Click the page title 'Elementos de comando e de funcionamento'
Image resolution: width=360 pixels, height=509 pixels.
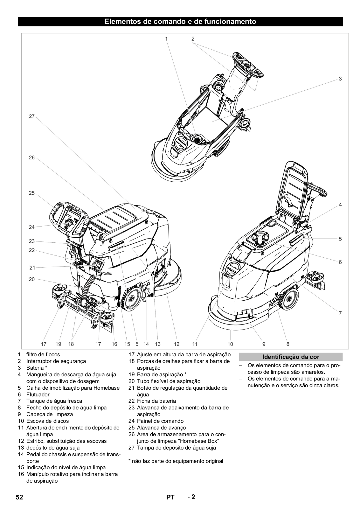(180, 22)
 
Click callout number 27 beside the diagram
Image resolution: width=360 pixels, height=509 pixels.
(32, 116)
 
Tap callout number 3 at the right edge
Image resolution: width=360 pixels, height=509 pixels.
(340, 79)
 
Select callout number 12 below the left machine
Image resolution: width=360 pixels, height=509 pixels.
(177, 344)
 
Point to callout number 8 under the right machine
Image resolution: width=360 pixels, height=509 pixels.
(288, 344)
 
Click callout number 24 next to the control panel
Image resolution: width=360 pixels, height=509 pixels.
(32, 227)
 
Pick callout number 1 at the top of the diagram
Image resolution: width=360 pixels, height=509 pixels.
(166, 38)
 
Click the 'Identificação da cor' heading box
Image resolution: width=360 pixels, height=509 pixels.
(291, 357)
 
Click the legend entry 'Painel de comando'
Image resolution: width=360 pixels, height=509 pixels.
(160, 421)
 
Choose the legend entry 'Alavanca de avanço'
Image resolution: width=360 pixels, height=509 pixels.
(161, 428)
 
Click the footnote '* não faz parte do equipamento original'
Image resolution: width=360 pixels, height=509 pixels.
(176, 461)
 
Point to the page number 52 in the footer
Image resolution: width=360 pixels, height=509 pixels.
(20, 497)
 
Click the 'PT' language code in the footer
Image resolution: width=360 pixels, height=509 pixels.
(170, 497)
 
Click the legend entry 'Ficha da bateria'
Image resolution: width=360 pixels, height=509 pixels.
(156, 401)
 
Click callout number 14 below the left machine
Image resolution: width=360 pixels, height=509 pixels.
(146, 344)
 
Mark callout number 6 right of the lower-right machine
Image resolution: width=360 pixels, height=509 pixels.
(340, 262)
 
